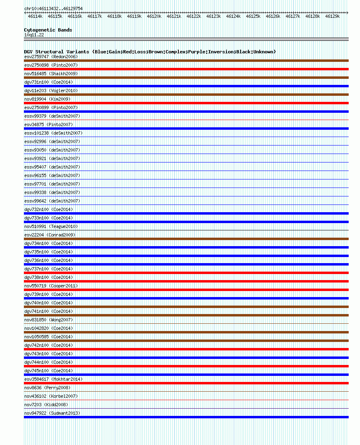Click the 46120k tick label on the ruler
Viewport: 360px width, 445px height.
coord(154,16)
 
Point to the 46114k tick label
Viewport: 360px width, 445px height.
coord(35,16)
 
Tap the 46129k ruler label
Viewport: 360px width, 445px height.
coord(332,16)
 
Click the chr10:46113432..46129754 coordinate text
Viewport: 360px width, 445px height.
coord(53,8)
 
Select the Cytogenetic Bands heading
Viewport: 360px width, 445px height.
coord(48,30)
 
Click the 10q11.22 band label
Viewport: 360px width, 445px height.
coord(34,35)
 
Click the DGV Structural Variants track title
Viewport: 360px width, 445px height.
coord(150,52)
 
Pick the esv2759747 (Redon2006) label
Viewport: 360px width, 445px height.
coord(51,57)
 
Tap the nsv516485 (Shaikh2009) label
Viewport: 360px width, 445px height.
coord(51,74)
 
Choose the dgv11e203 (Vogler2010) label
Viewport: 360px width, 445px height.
coord(51,91)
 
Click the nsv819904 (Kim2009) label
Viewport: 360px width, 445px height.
coord(47,99)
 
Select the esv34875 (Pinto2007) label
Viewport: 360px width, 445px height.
coord(49,124)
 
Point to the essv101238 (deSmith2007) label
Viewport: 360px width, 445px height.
coord(53,133)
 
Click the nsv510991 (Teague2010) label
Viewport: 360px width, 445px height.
coord(51,226)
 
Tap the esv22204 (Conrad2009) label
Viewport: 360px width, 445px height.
coord(50,235)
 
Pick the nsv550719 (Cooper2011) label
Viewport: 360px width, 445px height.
coord(51,286)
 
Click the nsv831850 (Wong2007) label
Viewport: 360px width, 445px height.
coord(49,320)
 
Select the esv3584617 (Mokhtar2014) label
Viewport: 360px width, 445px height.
coord(53,379)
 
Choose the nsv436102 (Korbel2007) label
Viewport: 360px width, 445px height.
coord(51,396)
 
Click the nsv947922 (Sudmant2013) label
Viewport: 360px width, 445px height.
coord(52,413)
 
